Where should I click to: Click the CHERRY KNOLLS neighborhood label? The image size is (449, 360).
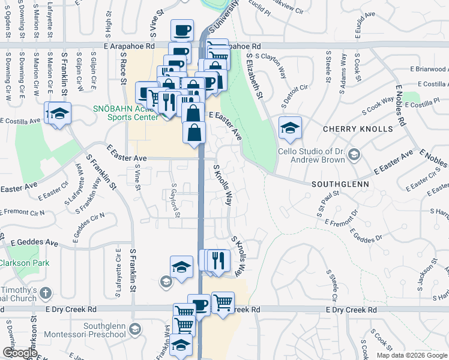click(358, 129)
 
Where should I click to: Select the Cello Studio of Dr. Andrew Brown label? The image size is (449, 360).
click(312, 155)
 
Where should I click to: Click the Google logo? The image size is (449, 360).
click(19, 353)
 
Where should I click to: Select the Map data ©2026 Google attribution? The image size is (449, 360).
click(411, 355)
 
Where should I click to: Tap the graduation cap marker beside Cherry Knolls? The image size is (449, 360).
click(290, 127)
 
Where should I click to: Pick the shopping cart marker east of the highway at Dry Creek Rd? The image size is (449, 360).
click(223, 302)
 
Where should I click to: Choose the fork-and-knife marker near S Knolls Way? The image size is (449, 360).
click(219, 259)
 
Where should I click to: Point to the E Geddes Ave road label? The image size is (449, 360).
click(34, 243)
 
